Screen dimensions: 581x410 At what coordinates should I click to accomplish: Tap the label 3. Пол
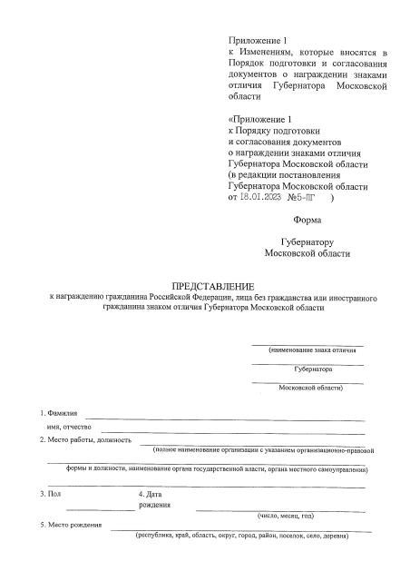click(50, 493)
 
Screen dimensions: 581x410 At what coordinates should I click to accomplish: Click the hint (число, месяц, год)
click(286, 515)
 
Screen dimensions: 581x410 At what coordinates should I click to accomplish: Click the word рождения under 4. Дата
click(154, 504)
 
